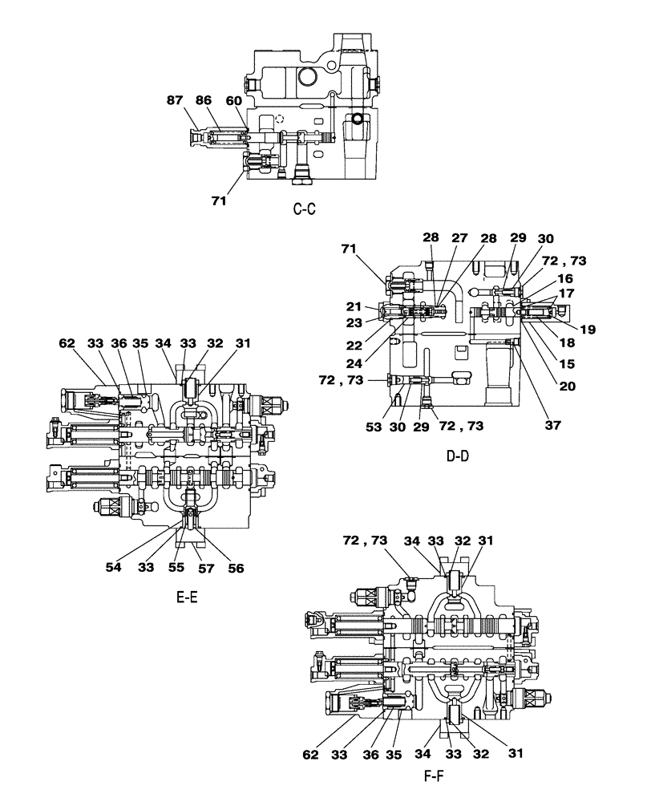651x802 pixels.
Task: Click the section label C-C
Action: click(305, 210)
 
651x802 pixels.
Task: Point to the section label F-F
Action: click(435, 777)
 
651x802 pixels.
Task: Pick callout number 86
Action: click(204, 100)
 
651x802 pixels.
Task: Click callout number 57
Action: click(207, 567)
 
